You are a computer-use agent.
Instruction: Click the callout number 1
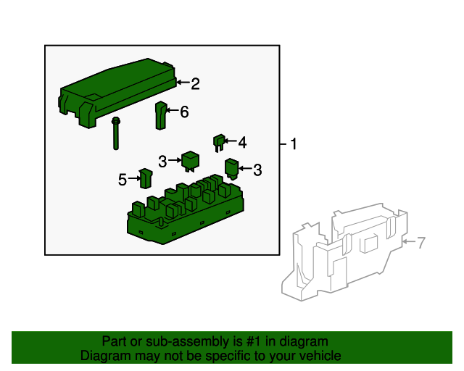coord(293,144)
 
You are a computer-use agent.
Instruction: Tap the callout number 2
coord(195,84)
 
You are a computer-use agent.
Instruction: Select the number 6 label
coord(184,112)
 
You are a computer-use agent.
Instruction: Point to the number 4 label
coord(242,142)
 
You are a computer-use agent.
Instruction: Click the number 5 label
coord(123,180)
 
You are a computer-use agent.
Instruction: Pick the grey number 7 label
coord(421,243)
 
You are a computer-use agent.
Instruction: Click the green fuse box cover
coord(117,92)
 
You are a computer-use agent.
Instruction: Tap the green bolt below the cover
coord(116,133)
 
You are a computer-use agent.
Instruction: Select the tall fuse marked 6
coord(161,115)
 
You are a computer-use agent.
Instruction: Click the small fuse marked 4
coord(219,143)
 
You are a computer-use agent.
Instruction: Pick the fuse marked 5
coord(146,178)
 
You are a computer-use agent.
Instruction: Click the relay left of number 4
coord(190,161)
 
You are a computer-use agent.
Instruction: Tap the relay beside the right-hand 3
coord(232,169)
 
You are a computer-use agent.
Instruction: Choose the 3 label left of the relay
coord(162,162)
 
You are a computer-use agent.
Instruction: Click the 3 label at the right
coord(257,170)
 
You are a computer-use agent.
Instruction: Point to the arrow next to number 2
coord(183,83)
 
